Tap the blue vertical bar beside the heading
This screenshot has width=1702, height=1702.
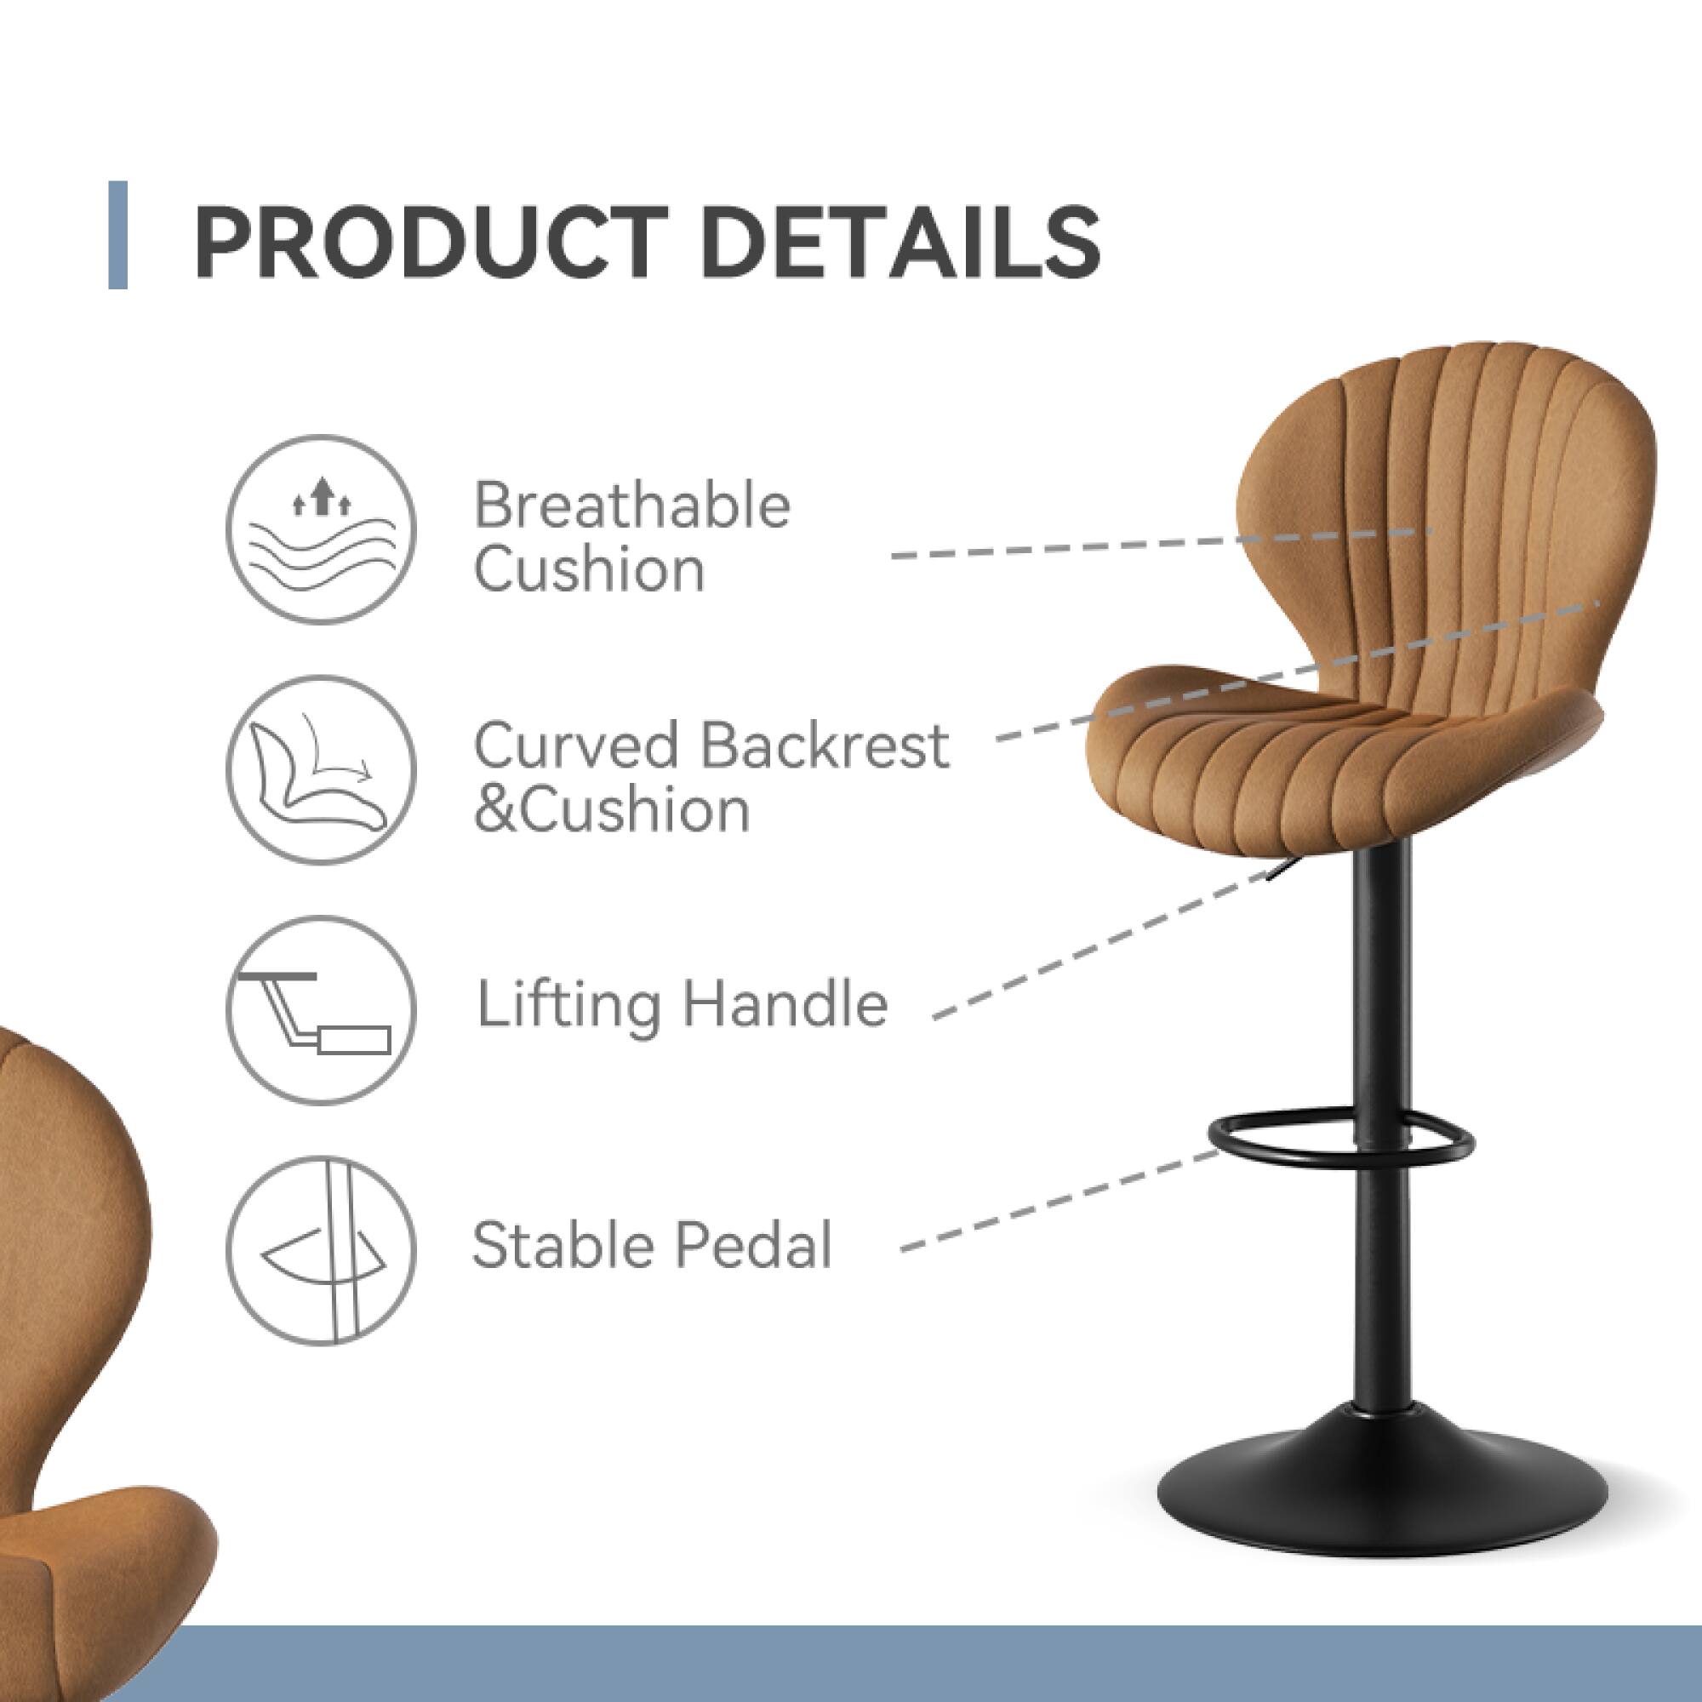coord(118,234)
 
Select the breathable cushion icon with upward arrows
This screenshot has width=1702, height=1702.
coord(321,529)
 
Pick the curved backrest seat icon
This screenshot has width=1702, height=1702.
coord(321,770)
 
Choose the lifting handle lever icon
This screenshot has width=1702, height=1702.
coord(321,1010)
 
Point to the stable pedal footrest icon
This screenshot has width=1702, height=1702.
coord(321,1250)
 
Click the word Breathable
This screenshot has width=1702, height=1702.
coord(631,506)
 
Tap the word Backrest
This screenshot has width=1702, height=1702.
coord(825,746)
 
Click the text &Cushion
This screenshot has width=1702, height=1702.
coord(611,810)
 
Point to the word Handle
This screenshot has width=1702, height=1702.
coord(785,1004)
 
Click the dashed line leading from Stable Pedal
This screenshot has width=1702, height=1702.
coord(1057,1201)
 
